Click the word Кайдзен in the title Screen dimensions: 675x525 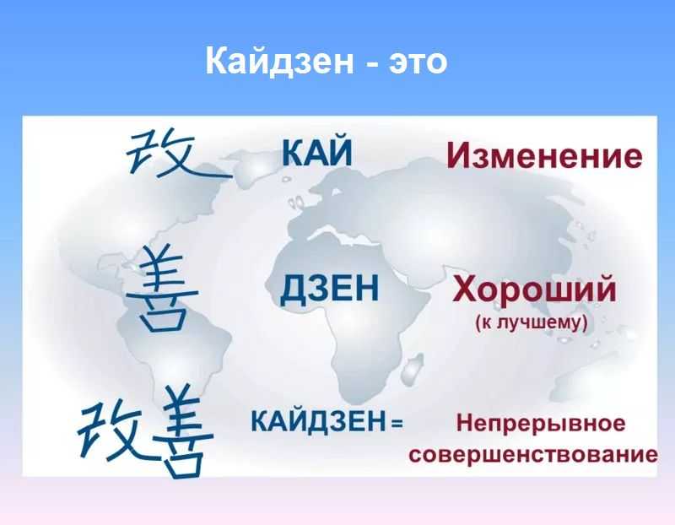point(279,61)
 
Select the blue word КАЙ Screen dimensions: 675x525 point(317,152)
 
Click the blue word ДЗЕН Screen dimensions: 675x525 point(330,289)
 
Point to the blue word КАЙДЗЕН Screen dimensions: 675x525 point(319,422)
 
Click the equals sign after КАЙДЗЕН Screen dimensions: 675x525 point(397,424)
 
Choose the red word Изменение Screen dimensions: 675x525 point(544,155)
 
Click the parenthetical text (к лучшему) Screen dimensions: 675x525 point(532,322)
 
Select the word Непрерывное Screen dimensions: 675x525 point(541,423)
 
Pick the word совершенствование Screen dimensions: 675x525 point(533,455)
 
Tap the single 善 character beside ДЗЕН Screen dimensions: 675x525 point(162,288)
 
